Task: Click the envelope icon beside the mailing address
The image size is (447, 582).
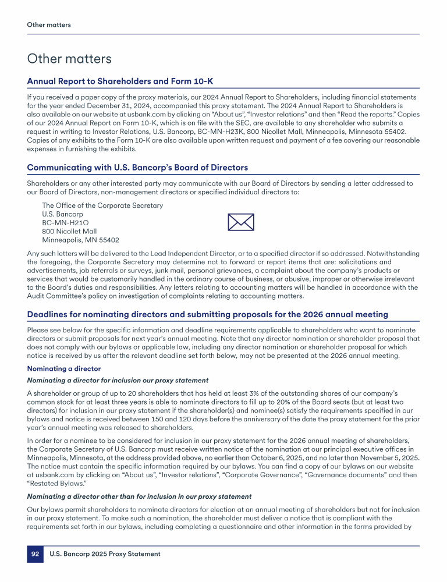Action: (240, 222)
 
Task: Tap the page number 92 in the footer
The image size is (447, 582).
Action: (35, 554)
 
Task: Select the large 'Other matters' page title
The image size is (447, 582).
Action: (69, 59)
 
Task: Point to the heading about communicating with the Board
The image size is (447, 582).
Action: (137, 168)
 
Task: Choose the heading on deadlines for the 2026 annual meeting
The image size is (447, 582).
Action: (207, 314)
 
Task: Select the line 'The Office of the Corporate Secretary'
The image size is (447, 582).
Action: (102, 205)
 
